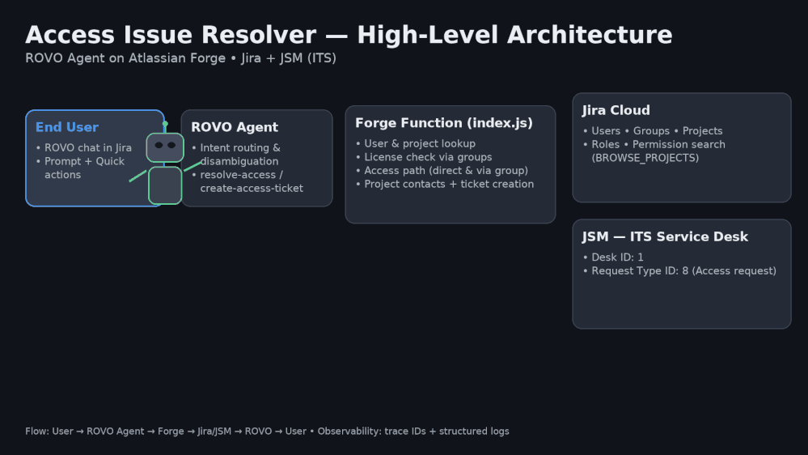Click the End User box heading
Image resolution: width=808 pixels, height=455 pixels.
(67, 127)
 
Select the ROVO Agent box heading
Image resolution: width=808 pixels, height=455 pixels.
(235, 127)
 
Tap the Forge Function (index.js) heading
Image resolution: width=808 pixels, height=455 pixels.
(444, 123)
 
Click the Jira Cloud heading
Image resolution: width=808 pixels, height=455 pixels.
(616, 110)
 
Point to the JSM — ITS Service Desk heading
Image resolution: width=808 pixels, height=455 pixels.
(665, 236)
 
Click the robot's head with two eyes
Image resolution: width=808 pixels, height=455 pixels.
(165, 147)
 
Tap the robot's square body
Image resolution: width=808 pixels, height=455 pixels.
(165, 185)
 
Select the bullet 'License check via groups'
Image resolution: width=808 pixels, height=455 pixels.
(428, 157)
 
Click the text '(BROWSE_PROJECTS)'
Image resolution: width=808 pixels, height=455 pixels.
(645, 158)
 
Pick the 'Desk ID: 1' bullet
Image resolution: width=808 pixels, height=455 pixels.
(617, 257)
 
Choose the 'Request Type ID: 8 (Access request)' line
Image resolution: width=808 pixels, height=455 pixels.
(683, 271)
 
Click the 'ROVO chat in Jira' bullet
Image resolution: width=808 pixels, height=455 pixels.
(87, 148)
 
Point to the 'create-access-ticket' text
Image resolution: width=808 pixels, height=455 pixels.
(252, 189)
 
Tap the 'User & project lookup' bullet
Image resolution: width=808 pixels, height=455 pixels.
(420, 143)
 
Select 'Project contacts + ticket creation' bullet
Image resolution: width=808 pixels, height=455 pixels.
(449, 185)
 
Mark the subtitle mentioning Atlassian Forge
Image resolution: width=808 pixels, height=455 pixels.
(180, 58)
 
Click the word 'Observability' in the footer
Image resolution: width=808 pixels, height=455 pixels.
(351, 432)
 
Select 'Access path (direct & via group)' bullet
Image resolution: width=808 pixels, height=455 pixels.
(446, 171)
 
